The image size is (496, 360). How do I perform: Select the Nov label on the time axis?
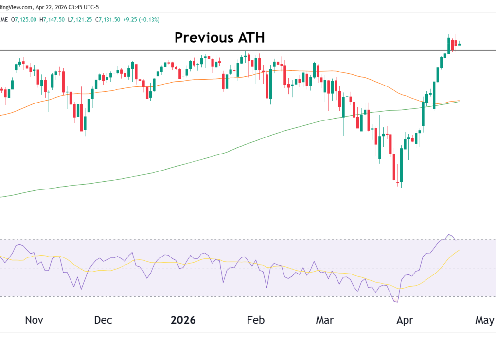point(34,320)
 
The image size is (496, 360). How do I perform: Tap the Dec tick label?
point(103,320)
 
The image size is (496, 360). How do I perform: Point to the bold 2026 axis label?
point(183,320)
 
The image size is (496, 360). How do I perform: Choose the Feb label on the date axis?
point(255,320)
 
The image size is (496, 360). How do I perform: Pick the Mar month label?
point(324,320)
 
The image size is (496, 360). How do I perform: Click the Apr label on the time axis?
point(405,320)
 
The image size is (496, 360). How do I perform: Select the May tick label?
point(484,320)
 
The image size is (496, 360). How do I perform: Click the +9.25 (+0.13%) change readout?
point(143,19)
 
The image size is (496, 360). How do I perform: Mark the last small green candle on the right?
point(460,45)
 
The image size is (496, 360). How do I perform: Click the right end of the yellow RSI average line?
point(459,250)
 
